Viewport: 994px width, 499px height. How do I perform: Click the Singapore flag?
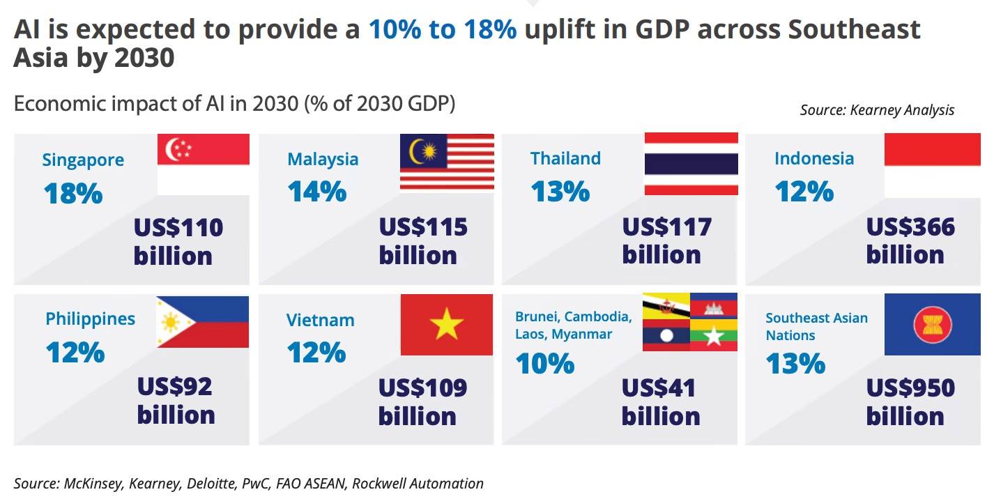204,164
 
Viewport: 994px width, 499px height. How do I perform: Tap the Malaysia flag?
447,162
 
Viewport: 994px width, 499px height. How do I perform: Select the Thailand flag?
691,164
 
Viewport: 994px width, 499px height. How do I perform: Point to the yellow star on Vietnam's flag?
446,324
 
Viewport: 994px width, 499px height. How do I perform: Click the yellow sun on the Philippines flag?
171,322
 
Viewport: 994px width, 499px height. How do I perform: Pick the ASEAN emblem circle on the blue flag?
933,325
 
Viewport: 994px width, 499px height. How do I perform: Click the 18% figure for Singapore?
73,193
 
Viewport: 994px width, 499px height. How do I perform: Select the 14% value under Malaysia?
317,192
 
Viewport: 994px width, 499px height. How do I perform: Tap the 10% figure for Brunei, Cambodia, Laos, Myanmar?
545,363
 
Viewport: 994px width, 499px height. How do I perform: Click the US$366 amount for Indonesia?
910,227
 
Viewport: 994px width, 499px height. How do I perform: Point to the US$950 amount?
910,387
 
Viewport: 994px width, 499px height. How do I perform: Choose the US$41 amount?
658,388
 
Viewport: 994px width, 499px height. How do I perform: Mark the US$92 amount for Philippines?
174,386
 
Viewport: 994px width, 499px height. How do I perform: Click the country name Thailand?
565,158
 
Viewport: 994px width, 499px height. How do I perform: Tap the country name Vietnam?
321,320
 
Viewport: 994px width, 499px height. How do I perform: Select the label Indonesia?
814,158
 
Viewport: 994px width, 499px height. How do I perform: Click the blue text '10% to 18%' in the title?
443,29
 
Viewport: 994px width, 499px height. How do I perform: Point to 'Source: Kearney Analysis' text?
878,110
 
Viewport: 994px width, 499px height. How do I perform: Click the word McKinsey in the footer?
92,483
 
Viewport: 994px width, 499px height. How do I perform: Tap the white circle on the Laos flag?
666,336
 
